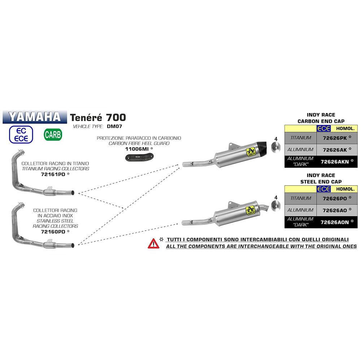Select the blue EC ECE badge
click(23, 134)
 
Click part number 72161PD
click(53, 174)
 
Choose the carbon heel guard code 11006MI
click(137, 148)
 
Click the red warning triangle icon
click(153, 243)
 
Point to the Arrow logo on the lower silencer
click(249, 210)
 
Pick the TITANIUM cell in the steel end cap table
click(300, 198)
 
